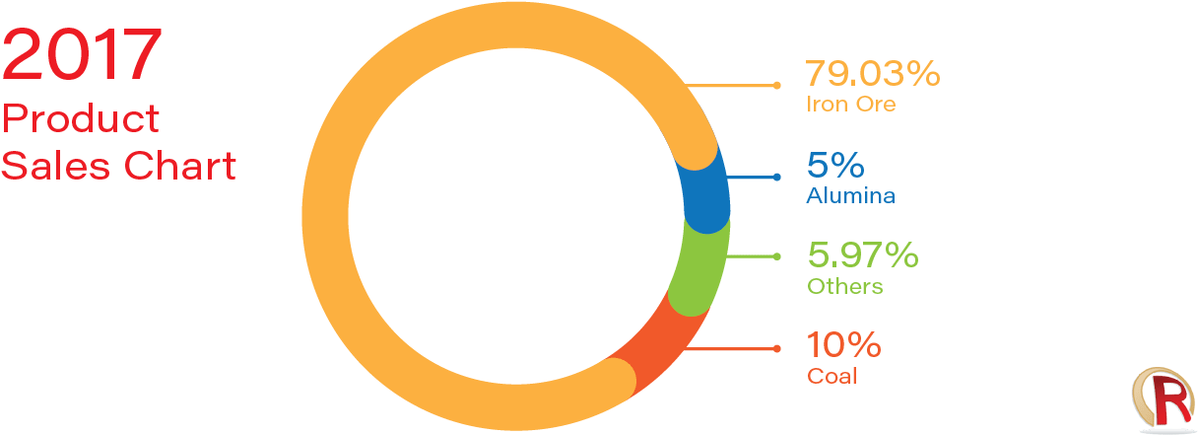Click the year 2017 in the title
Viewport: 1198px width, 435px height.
click(x=82, y=54)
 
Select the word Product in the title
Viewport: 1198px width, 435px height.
click(x=81, y=118)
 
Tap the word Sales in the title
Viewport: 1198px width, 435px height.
click(x=55, y=165)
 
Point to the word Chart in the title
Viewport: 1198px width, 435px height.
click(x=180, y=165)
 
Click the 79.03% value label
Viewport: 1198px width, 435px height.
click(x=872, y=73)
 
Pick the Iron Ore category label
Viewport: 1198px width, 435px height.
click(x=850, y=104)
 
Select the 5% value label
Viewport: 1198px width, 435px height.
click(x=835, y=165)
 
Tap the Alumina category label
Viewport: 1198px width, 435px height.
click(x=850, y=195)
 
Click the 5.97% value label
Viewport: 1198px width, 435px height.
click(x=863, y=254)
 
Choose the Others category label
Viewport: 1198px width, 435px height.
click(x=844, y=287)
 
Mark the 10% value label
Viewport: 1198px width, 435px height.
click(x=843, y=344)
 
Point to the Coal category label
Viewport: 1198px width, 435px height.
click(x=832, y=376)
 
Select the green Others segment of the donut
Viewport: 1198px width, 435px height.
click(x=699, y=268)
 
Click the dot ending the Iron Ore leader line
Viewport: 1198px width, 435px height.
click(x=776, y=85)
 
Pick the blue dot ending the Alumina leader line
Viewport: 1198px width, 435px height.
click(x=776, y=177)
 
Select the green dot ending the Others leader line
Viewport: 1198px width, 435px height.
click(x=776, y=256)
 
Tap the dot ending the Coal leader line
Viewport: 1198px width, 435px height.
click(x=776, y=349)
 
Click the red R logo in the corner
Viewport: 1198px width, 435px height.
click(x=1164, y=401)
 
